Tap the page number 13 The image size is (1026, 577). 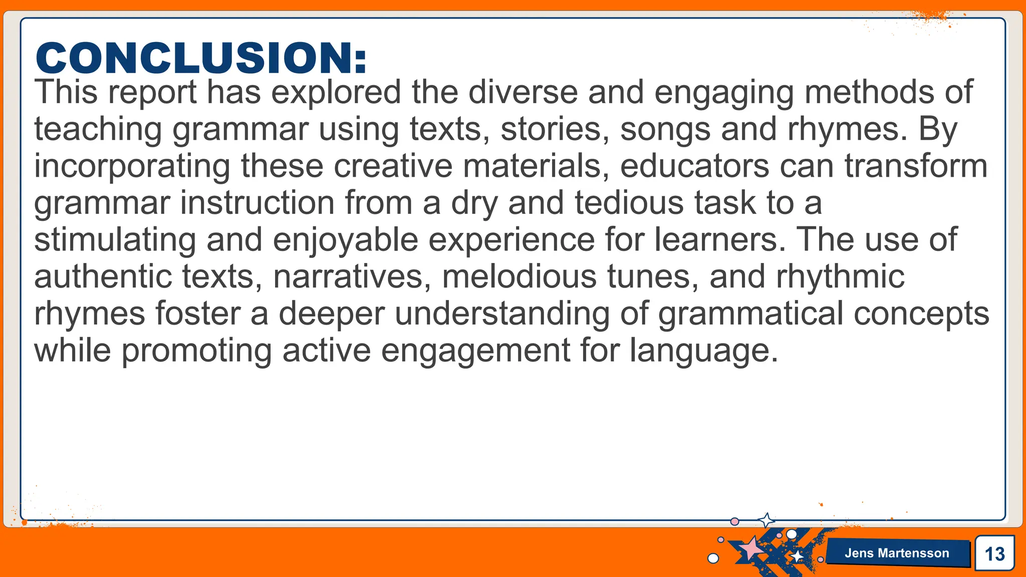pyautogui.click(x=994, y=554)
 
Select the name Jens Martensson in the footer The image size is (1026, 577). pyautogui.click(x=897, y=553)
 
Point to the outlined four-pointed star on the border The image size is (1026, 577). pyautogui.click(x=766, y=520)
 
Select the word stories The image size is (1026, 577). pyautogui.click(x=555, y=129)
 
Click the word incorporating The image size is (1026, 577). pyautogui.click(x=132, y=167)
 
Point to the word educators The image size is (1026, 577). pyautogui.click(x=694, y=166)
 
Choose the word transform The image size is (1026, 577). pyautogui.click(x=916, y=166)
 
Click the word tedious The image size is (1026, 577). pyautogui.click(x=629, y=203)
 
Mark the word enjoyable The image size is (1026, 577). pyautogui.click(x=345, y=240)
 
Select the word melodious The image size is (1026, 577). pyautogui.click(x=519, y=276)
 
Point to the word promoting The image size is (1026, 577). pyautogui.click(x=197, y=351)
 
